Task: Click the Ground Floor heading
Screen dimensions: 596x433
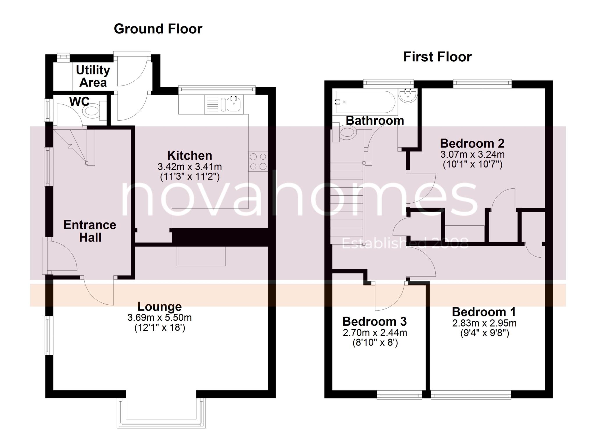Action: coord(158,29)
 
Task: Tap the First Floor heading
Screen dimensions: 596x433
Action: coord(437,57)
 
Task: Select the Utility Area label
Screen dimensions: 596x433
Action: coord(93,76)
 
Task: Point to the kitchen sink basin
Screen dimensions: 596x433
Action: coord(234,104)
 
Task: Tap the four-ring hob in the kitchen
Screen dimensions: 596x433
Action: coord(258,161)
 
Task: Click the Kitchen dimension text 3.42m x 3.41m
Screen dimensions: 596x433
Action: coord(190,167)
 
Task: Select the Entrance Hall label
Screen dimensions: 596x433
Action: coord(90,231)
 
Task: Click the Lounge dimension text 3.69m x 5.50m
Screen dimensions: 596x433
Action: coord(159,317)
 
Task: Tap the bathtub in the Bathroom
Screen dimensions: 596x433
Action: coord(366,102)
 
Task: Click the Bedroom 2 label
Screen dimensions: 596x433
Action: coord(472,143)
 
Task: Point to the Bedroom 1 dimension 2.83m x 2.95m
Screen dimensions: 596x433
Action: coord(484,323)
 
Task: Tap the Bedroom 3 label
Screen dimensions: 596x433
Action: coord(375,321)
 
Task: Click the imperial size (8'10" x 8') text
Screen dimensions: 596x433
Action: coord(375,343)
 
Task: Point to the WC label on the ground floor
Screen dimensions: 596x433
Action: coord(79,101)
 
